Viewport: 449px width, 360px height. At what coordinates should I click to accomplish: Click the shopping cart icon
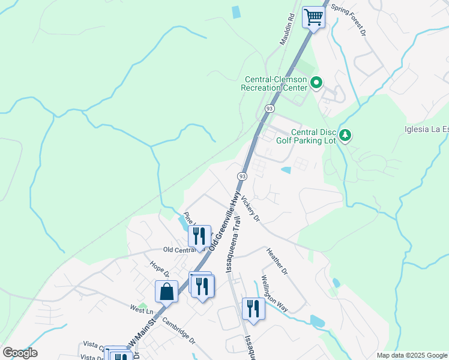(313, 17)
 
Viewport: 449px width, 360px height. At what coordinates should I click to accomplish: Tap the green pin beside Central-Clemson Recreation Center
(318, 83)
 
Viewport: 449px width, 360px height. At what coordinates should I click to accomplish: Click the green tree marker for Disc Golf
(345, 136)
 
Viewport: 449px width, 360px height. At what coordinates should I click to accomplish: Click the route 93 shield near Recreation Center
(270, 109)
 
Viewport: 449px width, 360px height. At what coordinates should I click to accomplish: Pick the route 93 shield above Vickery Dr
(242, 176)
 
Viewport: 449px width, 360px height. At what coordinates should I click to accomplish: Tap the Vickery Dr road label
(252, 209)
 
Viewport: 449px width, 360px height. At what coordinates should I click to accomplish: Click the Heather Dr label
(277, 262)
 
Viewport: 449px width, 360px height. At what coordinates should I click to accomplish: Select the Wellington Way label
(274, 294)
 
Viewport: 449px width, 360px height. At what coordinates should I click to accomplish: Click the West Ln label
(142, 310)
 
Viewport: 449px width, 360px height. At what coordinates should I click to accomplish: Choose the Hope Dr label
(160, 269)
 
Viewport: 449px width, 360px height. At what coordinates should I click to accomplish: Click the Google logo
(20, 353)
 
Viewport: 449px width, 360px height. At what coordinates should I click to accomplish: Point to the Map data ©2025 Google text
(412, 355)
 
